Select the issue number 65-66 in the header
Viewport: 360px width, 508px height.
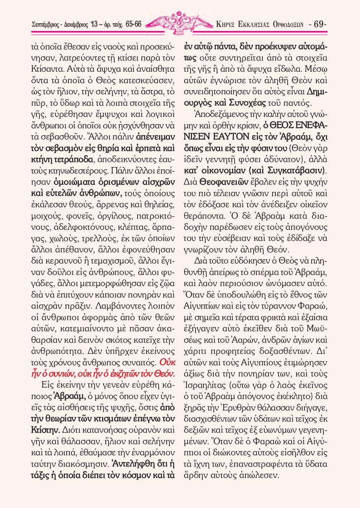pos(134,25)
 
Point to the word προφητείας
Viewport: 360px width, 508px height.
pos(237,351)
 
